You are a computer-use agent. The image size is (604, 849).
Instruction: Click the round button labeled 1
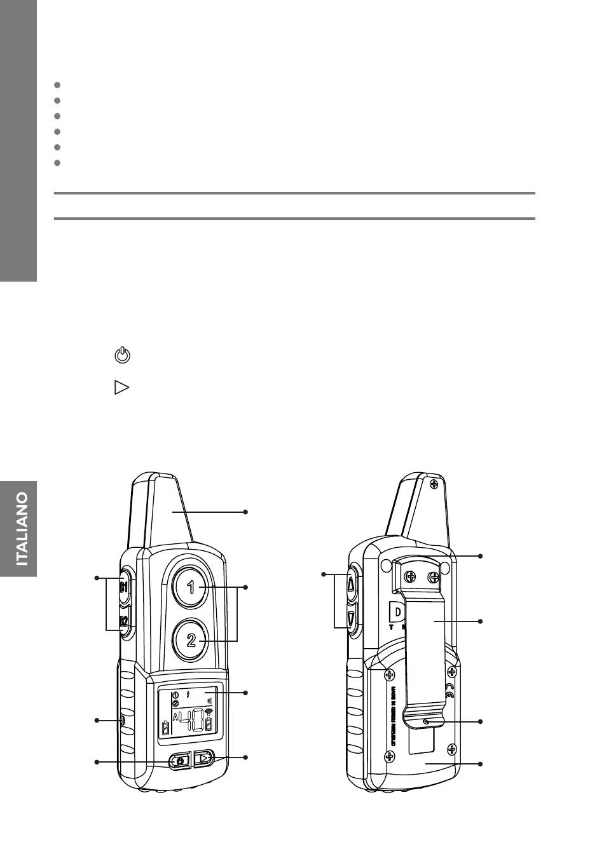click(x=191, y=588)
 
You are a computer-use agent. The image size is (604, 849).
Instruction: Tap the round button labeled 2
click(x=191, y=641)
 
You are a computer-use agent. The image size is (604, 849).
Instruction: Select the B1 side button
click(x=125, y=586)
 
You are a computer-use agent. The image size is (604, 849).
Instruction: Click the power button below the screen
click(x=180, y=761)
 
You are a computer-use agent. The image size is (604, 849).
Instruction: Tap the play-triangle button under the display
click(x=203, y=758)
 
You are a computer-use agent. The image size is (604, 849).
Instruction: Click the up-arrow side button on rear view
click(x=351, y=583)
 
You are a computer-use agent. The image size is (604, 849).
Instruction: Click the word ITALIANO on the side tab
click(x=22, y=529)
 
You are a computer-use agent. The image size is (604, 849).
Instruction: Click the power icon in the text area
click(x=122, y=356)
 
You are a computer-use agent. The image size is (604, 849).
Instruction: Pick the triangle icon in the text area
click(x=121, y=388)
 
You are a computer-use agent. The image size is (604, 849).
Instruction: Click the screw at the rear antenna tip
click(x=434, y=485)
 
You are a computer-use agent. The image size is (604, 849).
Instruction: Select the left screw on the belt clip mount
click(x=411, y=577)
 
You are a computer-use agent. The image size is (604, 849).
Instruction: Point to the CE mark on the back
click(x=450, y=691)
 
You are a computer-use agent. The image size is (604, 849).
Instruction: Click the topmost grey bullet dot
click(x=57, y=85)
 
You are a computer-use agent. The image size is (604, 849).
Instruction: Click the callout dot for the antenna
click(x=245, y=512)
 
